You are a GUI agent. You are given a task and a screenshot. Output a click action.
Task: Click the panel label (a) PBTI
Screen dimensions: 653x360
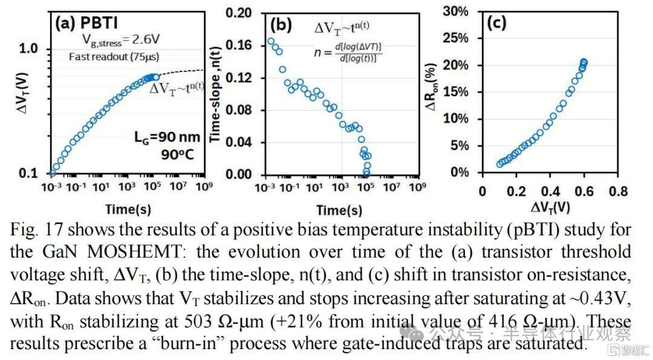[86, 22]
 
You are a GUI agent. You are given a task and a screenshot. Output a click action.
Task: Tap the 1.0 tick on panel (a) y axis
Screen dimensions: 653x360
[29, 48]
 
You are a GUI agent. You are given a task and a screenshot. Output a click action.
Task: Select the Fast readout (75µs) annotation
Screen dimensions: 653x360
[114, 57]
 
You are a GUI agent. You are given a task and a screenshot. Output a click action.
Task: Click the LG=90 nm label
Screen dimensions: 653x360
[167, 137]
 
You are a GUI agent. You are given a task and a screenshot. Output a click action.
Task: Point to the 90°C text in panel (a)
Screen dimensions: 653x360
[178, 154]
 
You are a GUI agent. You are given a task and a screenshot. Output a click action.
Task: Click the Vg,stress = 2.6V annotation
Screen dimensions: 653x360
[121, 40]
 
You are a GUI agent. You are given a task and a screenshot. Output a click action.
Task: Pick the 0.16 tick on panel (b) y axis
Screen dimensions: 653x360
[239, 45]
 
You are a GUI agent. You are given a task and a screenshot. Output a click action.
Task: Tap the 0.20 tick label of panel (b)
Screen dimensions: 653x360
[239, 13]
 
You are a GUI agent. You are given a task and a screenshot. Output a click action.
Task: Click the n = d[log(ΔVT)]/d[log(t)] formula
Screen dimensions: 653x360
[347, 53]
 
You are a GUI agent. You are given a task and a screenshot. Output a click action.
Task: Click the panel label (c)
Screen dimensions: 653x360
[497, 22]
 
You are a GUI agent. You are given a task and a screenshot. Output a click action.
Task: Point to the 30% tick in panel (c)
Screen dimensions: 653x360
[455, 11]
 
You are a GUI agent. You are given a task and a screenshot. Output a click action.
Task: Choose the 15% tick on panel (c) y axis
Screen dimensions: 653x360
[455, 92]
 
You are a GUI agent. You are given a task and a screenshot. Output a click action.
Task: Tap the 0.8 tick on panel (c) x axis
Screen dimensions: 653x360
[618, 191]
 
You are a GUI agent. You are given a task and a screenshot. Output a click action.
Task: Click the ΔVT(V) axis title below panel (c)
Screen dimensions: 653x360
[550, 207]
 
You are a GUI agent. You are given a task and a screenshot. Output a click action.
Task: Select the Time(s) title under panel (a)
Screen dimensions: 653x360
[128, 209]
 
